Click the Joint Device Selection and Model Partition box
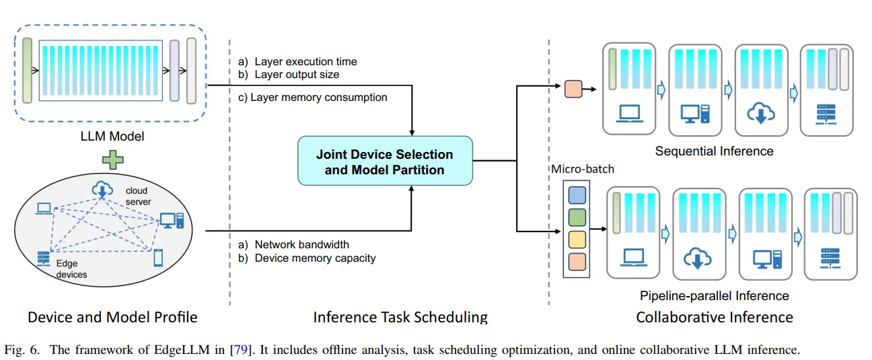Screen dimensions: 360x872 point(385,161)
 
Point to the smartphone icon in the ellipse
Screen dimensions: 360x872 point(159,257)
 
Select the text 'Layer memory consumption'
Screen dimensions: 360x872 point(319,97)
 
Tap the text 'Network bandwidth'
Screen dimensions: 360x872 point(302,244)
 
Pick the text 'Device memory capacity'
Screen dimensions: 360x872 point(316,258)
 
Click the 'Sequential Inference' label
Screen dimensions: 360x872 point(714,151)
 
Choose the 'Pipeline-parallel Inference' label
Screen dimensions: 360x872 point(715,295)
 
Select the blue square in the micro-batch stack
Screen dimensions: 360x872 point(577,195)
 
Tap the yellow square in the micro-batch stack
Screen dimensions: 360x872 point(577,240)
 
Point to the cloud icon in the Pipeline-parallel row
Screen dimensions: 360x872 point(697,257)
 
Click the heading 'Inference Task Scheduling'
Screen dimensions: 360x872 point(400,316)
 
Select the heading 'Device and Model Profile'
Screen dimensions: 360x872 point(112,316)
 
